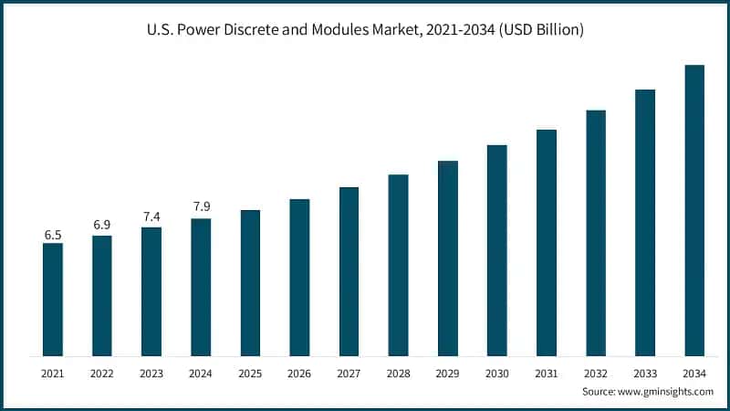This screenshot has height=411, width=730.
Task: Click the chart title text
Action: [x=365, y=30]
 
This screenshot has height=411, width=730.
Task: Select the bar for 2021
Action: [x=53, y=299]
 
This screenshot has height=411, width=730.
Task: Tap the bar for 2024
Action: [x=201, y=287]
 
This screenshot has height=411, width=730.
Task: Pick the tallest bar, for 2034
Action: [x=694, y=210]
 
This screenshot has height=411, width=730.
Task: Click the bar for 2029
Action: [x=448, y=258]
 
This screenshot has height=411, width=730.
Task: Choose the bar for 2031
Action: [x=547, y=242]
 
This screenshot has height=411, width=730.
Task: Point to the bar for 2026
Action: [x=299, y=277]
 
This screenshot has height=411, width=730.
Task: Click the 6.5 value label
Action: [x=53, y=235]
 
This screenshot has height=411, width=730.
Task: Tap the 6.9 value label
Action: [x=102, y=225]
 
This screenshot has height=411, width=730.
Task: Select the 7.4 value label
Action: [x=151, y=216]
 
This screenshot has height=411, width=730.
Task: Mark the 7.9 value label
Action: [x=201, y=207]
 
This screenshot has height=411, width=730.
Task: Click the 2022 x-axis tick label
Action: [x=102, y=374]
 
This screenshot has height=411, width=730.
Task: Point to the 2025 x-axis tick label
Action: [x=250, y=374]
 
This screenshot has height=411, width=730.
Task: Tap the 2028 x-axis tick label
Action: [x=398, y=374]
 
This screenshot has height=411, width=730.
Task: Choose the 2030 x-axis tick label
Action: [x=496, y=374]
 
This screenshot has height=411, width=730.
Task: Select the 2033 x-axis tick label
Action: [x=645, y=374]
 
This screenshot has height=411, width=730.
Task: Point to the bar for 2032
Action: [x=596, y=232]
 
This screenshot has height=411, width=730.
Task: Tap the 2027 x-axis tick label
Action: [x=349, y=374]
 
